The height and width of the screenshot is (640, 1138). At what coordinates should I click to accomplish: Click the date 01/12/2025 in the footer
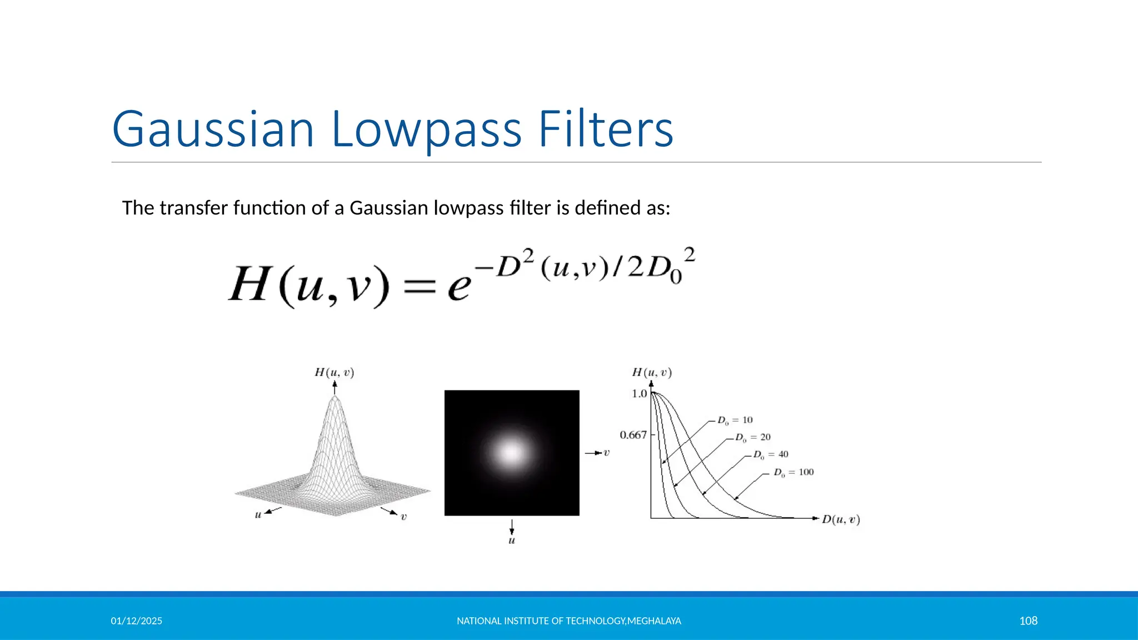point(136,621)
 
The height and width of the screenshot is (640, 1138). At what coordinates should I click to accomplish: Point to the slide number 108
point(1028,621)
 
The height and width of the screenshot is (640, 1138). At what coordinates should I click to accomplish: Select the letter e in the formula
point(459,287)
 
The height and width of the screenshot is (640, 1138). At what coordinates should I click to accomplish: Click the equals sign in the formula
point(420,287)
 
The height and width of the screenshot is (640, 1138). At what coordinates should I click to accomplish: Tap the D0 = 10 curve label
point(735,420)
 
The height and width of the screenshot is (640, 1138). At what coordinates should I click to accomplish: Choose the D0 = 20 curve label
point(753,437)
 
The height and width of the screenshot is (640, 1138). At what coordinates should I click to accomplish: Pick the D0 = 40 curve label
point(771,454)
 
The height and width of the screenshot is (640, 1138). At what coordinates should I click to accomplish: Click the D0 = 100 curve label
point(793,472)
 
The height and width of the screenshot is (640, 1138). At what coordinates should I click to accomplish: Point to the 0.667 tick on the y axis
point(633,434)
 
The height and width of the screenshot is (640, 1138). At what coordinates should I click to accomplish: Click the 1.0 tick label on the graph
point(639,393)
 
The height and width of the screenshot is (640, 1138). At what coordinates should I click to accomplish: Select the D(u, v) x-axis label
point(841,519)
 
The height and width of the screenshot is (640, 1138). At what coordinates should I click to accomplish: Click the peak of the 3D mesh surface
point(335,398)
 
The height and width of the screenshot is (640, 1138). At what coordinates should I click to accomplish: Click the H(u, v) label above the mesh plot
point(334,372)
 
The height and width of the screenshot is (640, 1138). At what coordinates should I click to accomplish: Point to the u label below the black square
point(512,540)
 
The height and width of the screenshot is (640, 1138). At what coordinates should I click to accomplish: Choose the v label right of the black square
point(606,453)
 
